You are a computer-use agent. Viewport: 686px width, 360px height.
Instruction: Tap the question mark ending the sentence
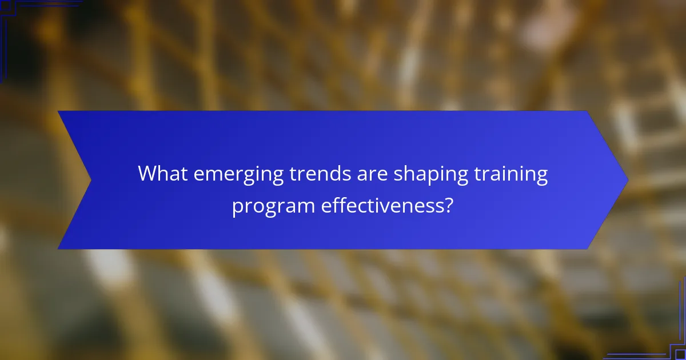pos(449,205)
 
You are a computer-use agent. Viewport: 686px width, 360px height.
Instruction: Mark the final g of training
pos(542,176)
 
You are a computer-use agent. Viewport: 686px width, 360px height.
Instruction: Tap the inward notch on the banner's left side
pos(90,180)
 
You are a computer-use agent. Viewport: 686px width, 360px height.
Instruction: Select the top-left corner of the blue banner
pos(59,111)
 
